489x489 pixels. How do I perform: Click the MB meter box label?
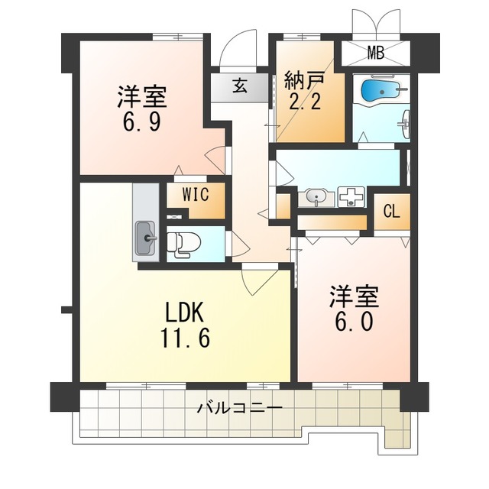click(x=375, y=53)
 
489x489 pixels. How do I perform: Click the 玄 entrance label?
click(x=239, y=86)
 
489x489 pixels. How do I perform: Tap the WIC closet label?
click(x=195, y=194)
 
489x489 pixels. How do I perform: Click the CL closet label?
click(x=390, y=212)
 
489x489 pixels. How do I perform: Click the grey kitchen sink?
click(x=145, y=238)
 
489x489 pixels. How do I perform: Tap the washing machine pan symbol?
click(x=352, y=197)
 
